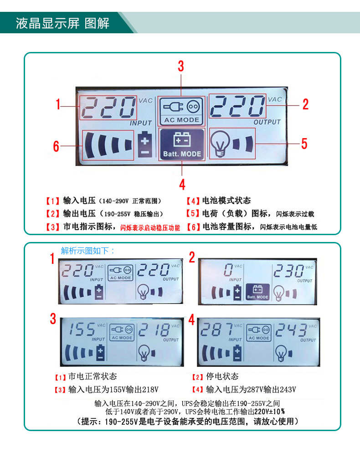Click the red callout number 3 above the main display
(x=181, y=66)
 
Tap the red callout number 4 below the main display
(x=182, y=184)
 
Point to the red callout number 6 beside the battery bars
(x=56, y=146)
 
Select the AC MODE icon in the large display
(x=181, y=111)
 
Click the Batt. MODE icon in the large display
(x=182, y=144)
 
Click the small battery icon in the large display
(x=145, y=144)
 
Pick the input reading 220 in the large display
(x=108, y=108)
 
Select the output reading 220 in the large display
(x=237, y=106)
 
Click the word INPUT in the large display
(x=141, y=123)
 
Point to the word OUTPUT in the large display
(x=267, y=122)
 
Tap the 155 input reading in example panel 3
(x=82, y=330)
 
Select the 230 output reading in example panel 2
(x=288, y=271)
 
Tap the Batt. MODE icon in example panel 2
(x=257, y=292)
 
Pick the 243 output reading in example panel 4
(x=291, y=330)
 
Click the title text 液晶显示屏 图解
(x=63, y=23)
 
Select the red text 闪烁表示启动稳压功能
(x=150, y=228)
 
